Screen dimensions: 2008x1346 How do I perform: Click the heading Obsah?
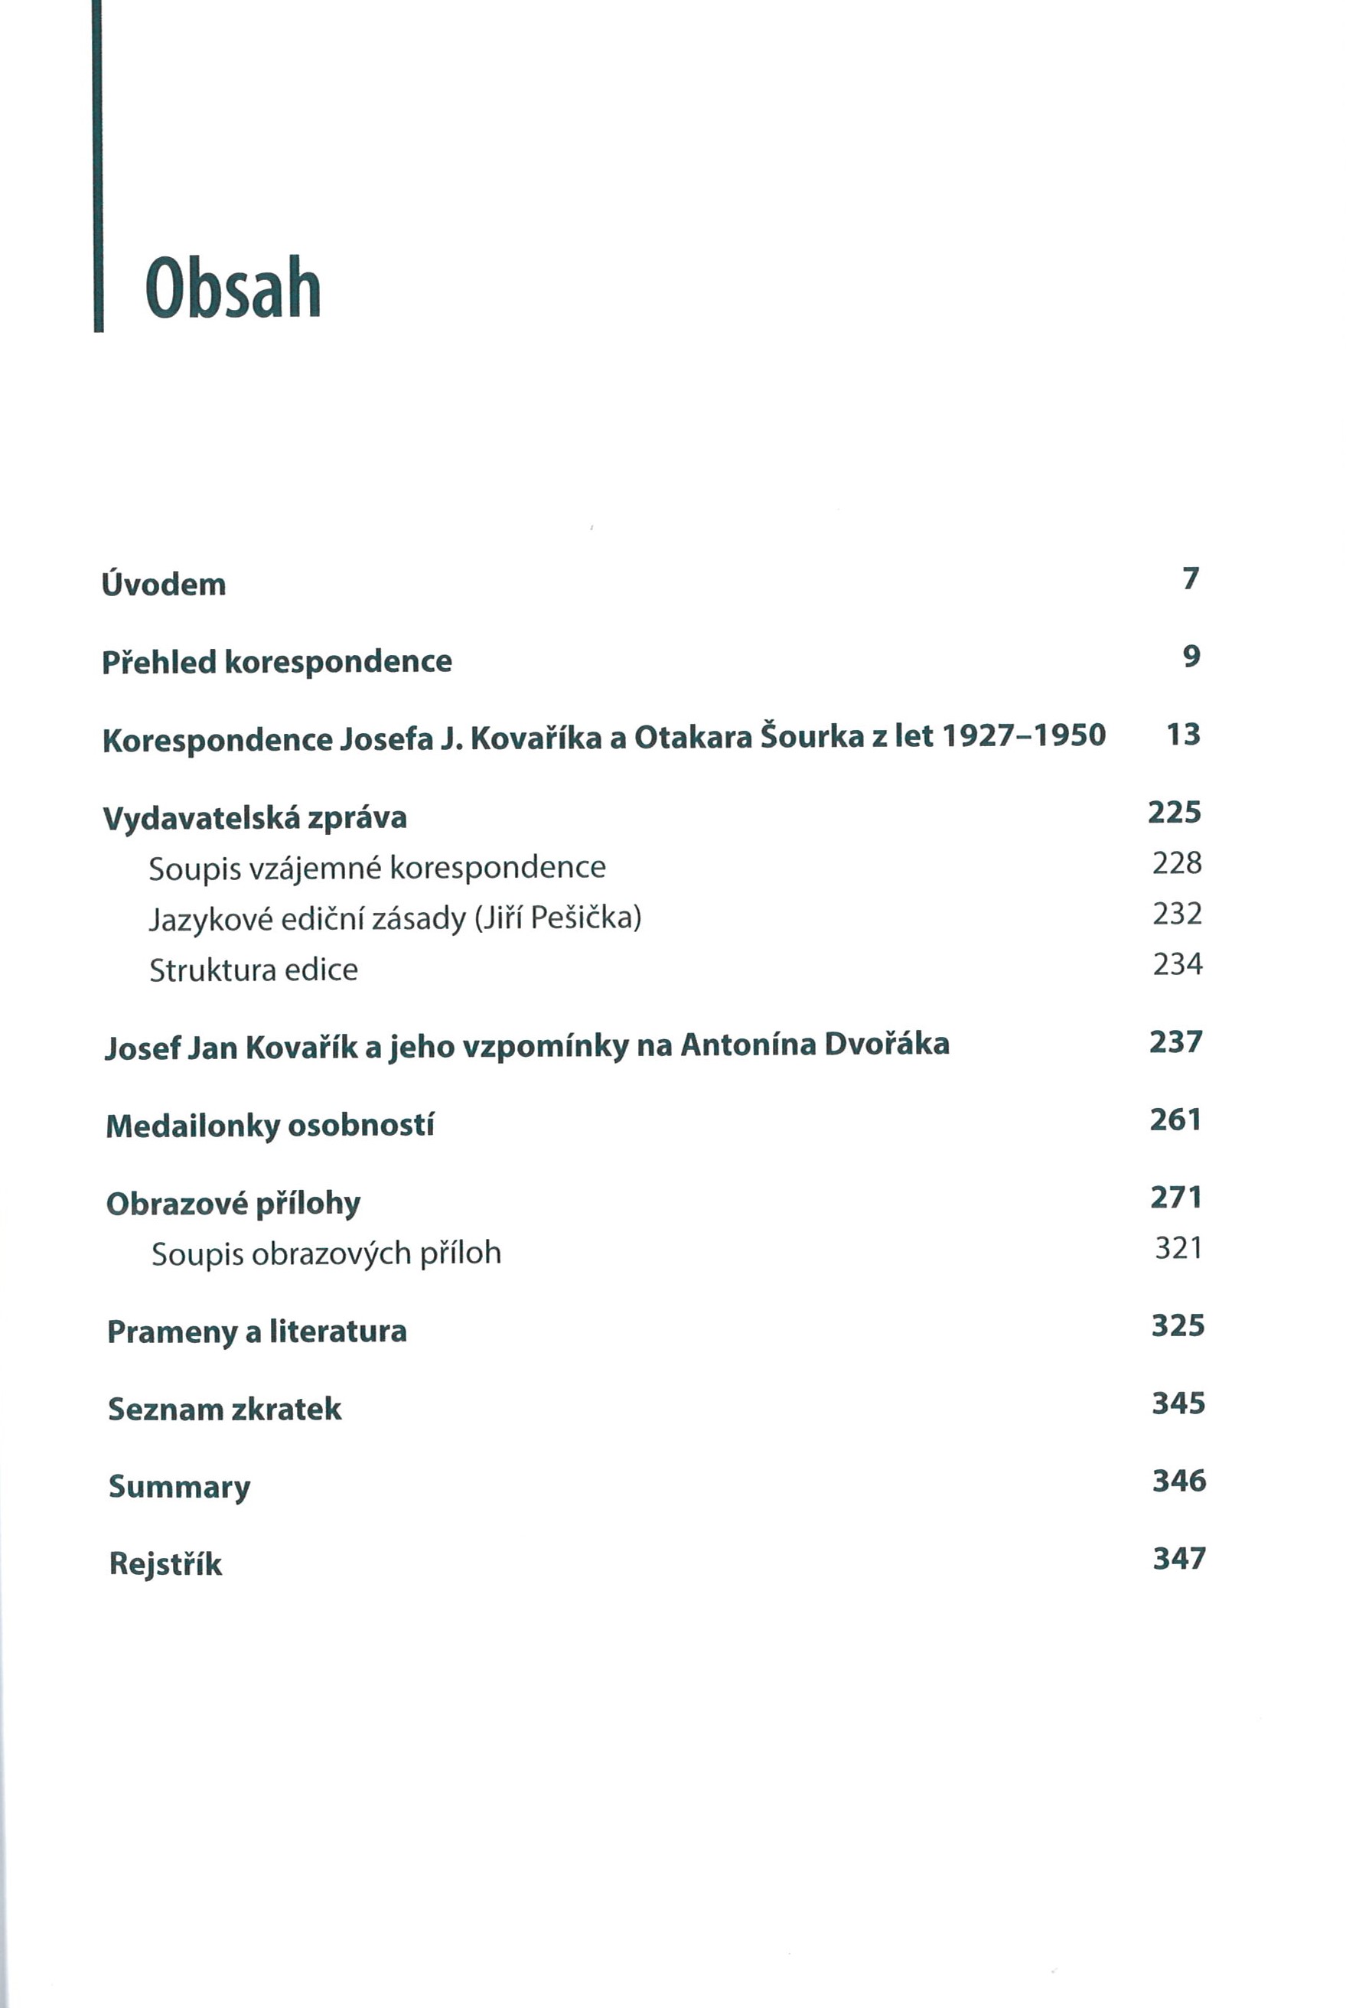click(233, 288)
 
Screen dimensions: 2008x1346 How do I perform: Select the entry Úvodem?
click(164, 584)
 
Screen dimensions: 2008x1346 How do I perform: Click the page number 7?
click(1191, 579)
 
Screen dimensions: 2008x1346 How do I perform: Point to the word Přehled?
click(159, 661)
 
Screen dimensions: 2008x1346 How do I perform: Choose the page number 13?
click(1183, 734)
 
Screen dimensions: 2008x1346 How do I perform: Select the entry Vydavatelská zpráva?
click(255, 817)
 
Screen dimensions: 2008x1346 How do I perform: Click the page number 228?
click(1177, 862)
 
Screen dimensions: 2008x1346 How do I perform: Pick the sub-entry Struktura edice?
click(253, 970)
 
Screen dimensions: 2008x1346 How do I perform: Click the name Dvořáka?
click(887, 1044)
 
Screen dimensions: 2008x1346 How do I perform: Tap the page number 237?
click(1176, 1041)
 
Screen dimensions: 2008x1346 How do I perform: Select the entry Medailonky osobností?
click(269, 1125)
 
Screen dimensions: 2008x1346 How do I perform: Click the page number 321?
click(1178, 1247)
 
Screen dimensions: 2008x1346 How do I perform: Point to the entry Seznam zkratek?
click(225, 1409)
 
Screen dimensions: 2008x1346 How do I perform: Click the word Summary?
click(179, 1487)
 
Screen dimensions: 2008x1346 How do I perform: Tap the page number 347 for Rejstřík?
click(1179, 1558)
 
